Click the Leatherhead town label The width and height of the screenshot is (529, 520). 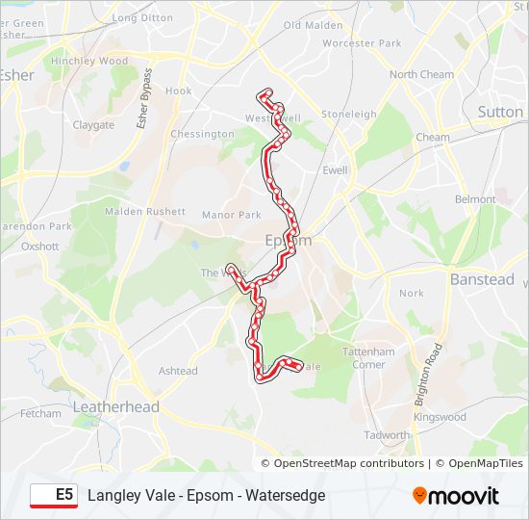[x=116, y=407]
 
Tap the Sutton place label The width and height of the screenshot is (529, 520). [x=500, y=112]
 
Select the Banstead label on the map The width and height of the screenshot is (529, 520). [x=482, y=279]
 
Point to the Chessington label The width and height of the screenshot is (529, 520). [x=202, y=134]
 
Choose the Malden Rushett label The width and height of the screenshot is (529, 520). [x=144, y=211]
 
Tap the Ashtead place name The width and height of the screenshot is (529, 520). [x=178, y=371]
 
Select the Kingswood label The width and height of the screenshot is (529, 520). [x=440, y=417]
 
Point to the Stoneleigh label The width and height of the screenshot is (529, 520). [x=349, y=114]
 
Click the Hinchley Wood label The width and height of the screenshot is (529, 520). [x=89, y=61]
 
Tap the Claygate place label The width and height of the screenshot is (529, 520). [x=93, y=125]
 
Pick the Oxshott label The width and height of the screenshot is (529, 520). [x=40, y=246]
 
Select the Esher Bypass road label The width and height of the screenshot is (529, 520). [x=145, y=97]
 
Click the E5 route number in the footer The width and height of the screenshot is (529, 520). [x=63, y=495]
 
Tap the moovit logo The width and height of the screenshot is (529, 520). [x=456, y=496]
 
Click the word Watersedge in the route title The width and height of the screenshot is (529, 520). [x=286, y=495]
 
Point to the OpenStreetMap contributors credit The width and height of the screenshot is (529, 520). [x=349, y=463]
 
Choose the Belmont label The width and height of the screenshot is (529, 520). [x=476, y=199]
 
